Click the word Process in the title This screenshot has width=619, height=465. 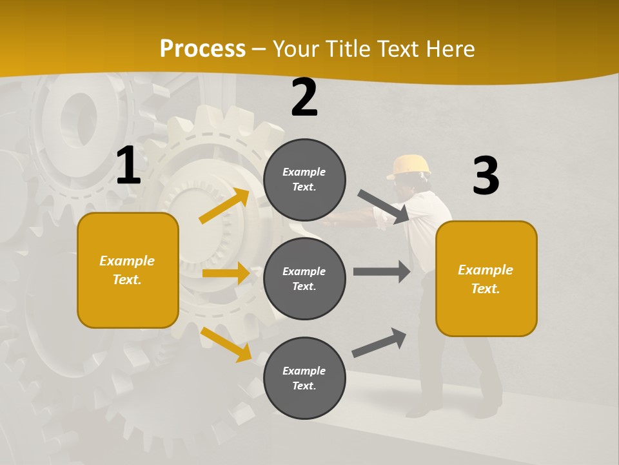coord(202,48)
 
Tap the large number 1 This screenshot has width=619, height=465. coord(128,166)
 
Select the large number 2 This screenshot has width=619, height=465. coord(304,98)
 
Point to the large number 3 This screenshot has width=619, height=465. coord(486,176)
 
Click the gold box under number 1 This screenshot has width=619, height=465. coord(128,270)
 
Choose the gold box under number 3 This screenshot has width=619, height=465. coord(486,278)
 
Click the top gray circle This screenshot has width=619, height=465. coord(304,180)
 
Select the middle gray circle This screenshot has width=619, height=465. coord(304,278)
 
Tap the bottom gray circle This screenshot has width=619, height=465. coord(304,378)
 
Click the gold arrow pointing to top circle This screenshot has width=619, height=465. coord(224,206)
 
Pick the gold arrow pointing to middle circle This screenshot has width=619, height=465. coord(226,273)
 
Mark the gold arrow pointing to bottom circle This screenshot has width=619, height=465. coord(226,344)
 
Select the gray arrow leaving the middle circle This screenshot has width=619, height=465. coord(382,272)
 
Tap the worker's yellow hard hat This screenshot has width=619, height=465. coord(409,166)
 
